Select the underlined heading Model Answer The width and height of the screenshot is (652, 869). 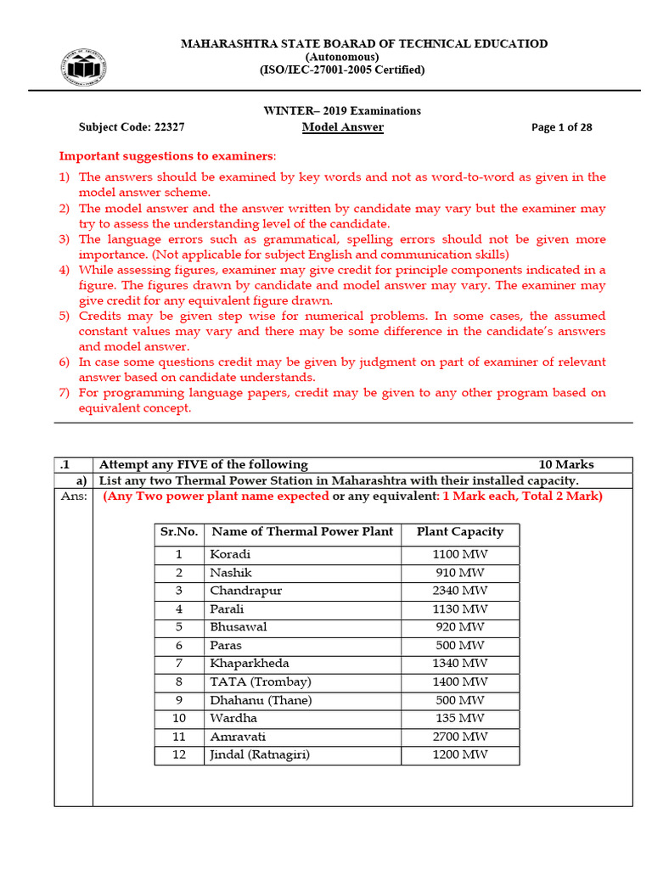(343, 127)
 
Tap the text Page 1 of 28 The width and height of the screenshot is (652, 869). (561, 127)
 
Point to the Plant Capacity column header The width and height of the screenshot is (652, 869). (459, 532)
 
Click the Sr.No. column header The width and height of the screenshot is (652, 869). (179, 532)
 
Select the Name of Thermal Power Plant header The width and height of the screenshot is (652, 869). (301, 532)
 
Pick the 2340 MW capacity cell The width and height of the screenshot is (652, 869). (459, 591)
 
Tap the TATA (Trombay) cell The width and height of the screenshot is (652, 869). (260, 681)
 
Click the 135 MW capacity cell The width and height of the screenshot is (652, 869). (459, 718)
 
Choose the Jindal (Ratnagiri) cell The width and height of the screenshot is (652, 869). (259, 754)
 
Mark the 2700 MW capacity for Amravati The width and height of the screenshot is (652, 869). (459, 737)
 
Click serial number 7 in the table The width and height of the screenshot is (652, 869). (179, 664)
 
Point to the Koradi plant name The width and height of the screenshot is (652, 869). (230, 554)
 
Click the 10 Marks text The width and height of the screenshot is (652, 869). (566, 464)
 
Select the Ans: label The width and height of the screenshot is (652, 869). (74, 496)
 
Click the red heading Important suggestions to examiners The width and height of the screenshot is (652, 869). (166, 157)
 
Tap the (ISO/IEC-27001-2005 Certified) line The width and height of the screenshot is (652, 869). (342, 70)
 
